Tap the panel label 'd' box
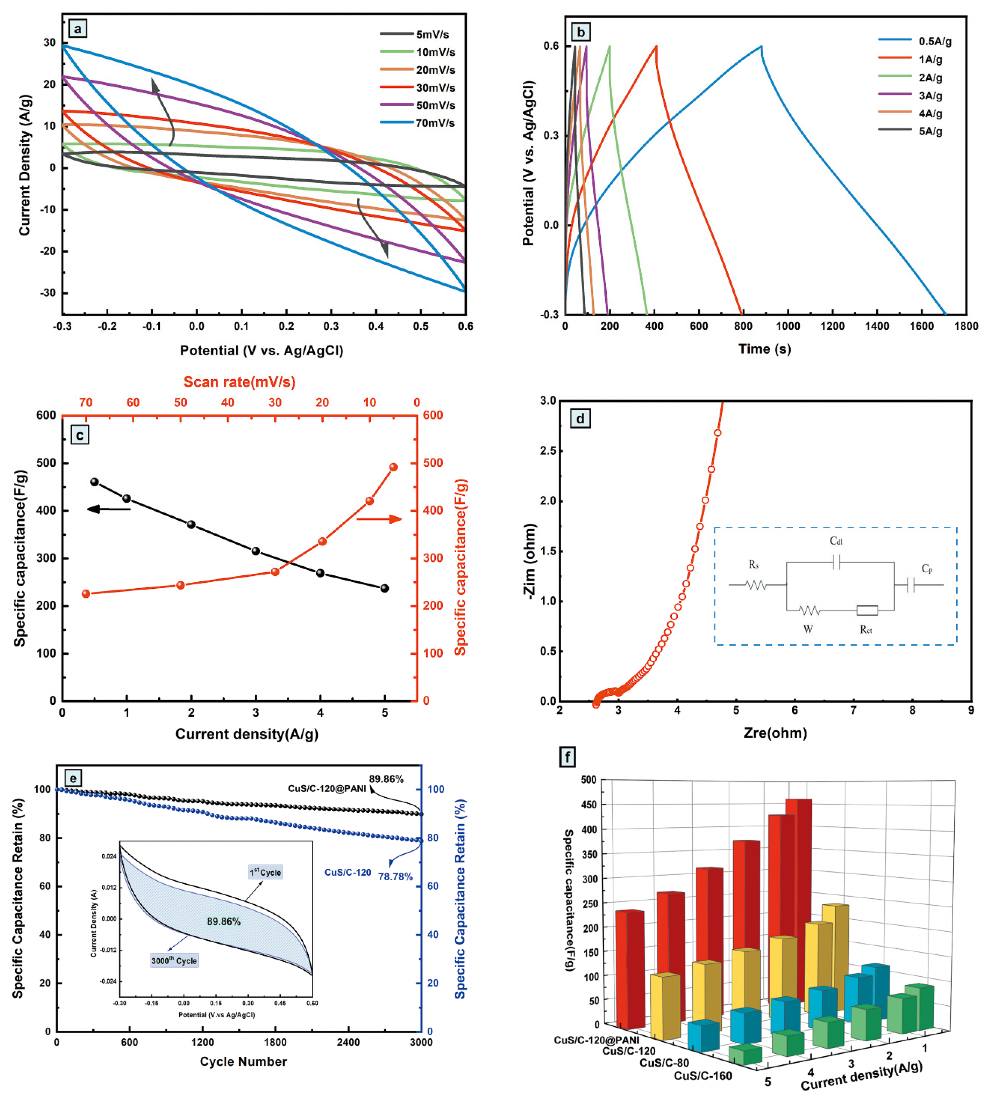point(580,418)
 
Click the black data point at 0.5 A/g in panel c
point(94,482)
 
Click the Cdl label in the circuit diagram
point(836,541)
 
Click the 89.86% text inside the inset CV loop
point(223,921)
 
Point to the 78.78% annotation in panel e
point(395,876)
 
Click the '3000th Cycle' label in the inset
point(174,961)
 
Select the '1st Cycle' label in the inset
point(265,872)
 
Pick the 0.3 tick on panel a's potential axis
point(331,326)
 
